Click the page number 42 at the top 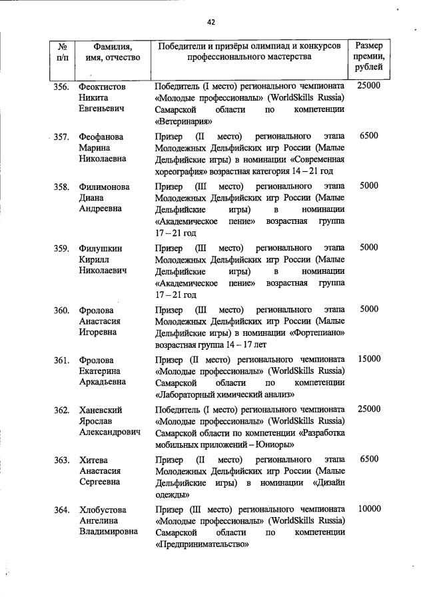click(x=211, y=22)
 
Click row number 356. click(x=61, y=87)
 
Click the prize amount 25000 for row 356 click(x=368, y=87)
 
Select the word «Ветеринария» click(x=183, y=122)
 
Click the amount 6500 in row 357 click(x=368, y=136)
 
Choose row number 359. click(x=61, y=248)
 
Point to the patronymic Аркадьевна click(x=103, y=384)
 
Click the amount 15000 click(x=368, y=359)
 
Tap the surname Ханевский click(x=101, y=409)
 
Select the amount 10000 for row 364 click(x=368, y=509)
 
